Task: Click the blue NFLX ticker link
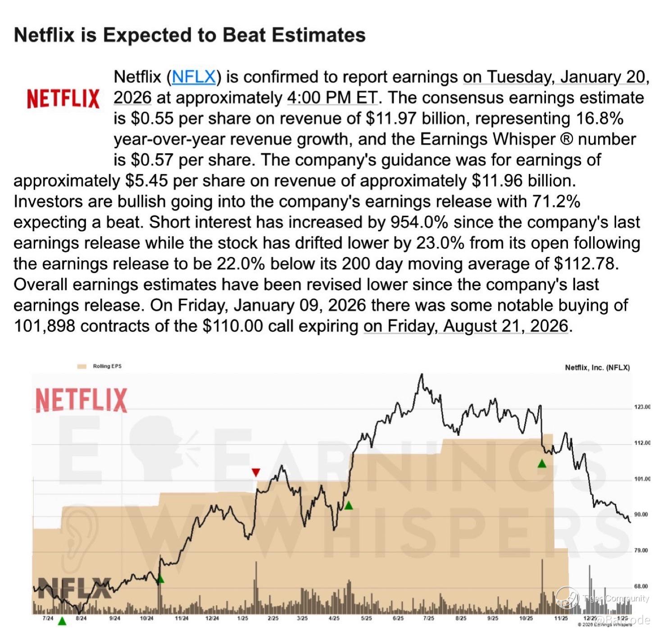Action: pyautogui.click(x=194, y=77)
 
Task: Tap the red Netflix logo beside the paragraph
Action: pyautogui.click(x=63, y=99)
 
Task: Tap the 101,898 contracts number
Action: pyautogui.click(x=44, y=326)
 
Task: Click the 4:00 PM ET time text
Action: pyautogui.click(x=332, y=98)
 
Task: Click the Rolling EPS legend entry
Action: pyautogui.click(x=107, y=366)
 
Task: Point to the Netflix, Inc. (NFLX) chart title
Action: pyautogui.click(x=597, y=368)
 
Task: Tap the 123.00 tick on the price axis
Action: pyautogui.click(x=642, y=407)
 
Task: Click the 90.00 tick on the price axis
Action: pyautogui.click(x=641, y=514)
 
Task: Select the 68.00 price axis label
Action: pyautogui.click(x=641, y=586)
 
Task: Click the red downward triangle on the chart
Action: pyautogui.click(x=256, y=472)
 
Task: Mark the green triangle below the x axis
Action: pyautogui.click(x=62, y=621)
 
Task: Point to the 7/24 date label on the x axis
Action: pyautogui.click(x=48, y=618)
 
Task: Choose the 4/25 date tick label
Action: pyautogui.click(x=334, y=618)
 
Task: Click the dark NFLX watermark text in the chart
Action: pyautogui.click(x=74, y=588)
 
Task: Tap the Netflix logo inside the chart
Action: pyautogui.click(x=82, y=400)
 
